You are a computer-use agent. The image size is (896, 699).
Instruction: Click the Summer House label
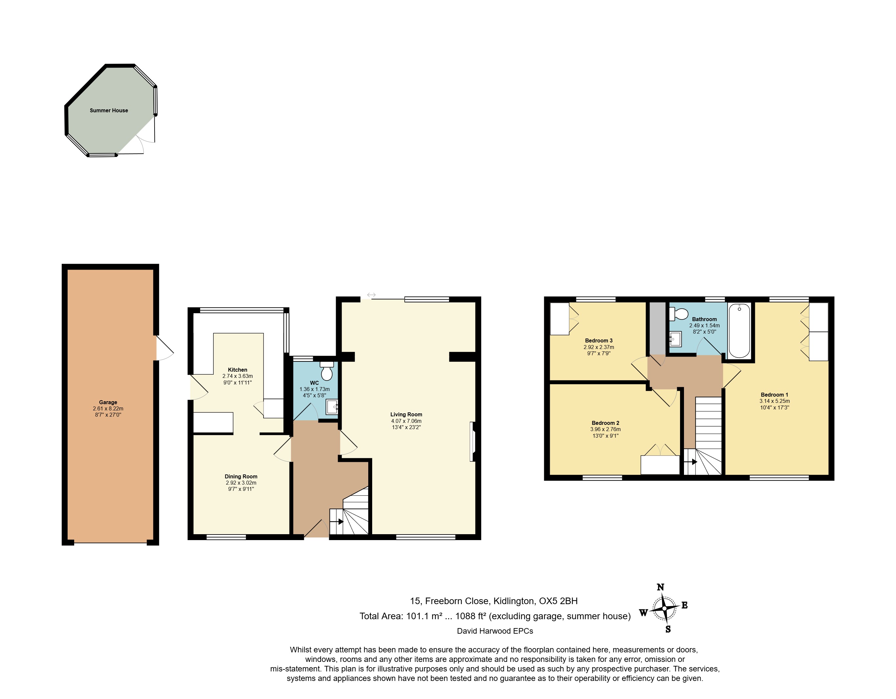pyautogui.click(x=109, y=110)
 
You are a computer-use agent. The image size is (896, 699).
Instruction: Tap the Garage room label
pyautogui.click(x=108, y=402)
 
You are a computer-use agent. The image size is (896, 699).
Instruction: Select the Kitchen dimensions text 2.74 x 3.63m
pyautogui.click(x=238, y=376)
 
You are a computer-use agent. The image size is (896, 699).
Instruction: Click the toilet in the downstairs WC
pyautogui.click(x=327, y=371)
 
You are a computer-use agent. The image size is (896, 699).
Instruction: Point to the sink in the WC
pyautogui.click(x=332, y=407)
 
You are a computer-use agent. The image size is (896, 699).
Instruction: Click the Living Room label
pyautogui.click(x=406, y=415)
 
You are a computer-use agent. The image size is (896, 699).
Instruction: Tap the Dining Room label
pyautogui.click(x=241, y=476)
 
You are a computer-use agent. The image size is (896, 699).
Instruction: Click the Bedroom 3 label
pyautogui.click(x=599, y=340)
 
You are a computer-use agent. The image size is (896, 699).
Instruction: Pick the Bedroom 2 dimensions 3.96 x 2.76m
pyautogui.click(x=606, y=429)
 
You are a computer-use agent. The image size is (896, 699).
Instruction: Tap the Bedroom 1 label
pyautogui.click(x=775, y=394)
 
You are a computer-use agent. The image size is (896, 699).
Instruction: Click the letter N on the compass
pyautogui.click(x=660, y=587)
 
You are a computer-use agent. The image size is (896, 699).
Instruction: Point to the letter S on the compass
pyautogui.click(x=668, y=629)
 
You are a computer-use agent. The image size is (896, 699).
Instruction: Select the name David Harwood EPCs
pyautogui.click(x=495, y=631)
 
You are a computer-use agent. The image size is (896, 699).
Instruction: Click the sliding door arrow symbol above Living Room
pyautogui.click(x=371, y=295)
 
